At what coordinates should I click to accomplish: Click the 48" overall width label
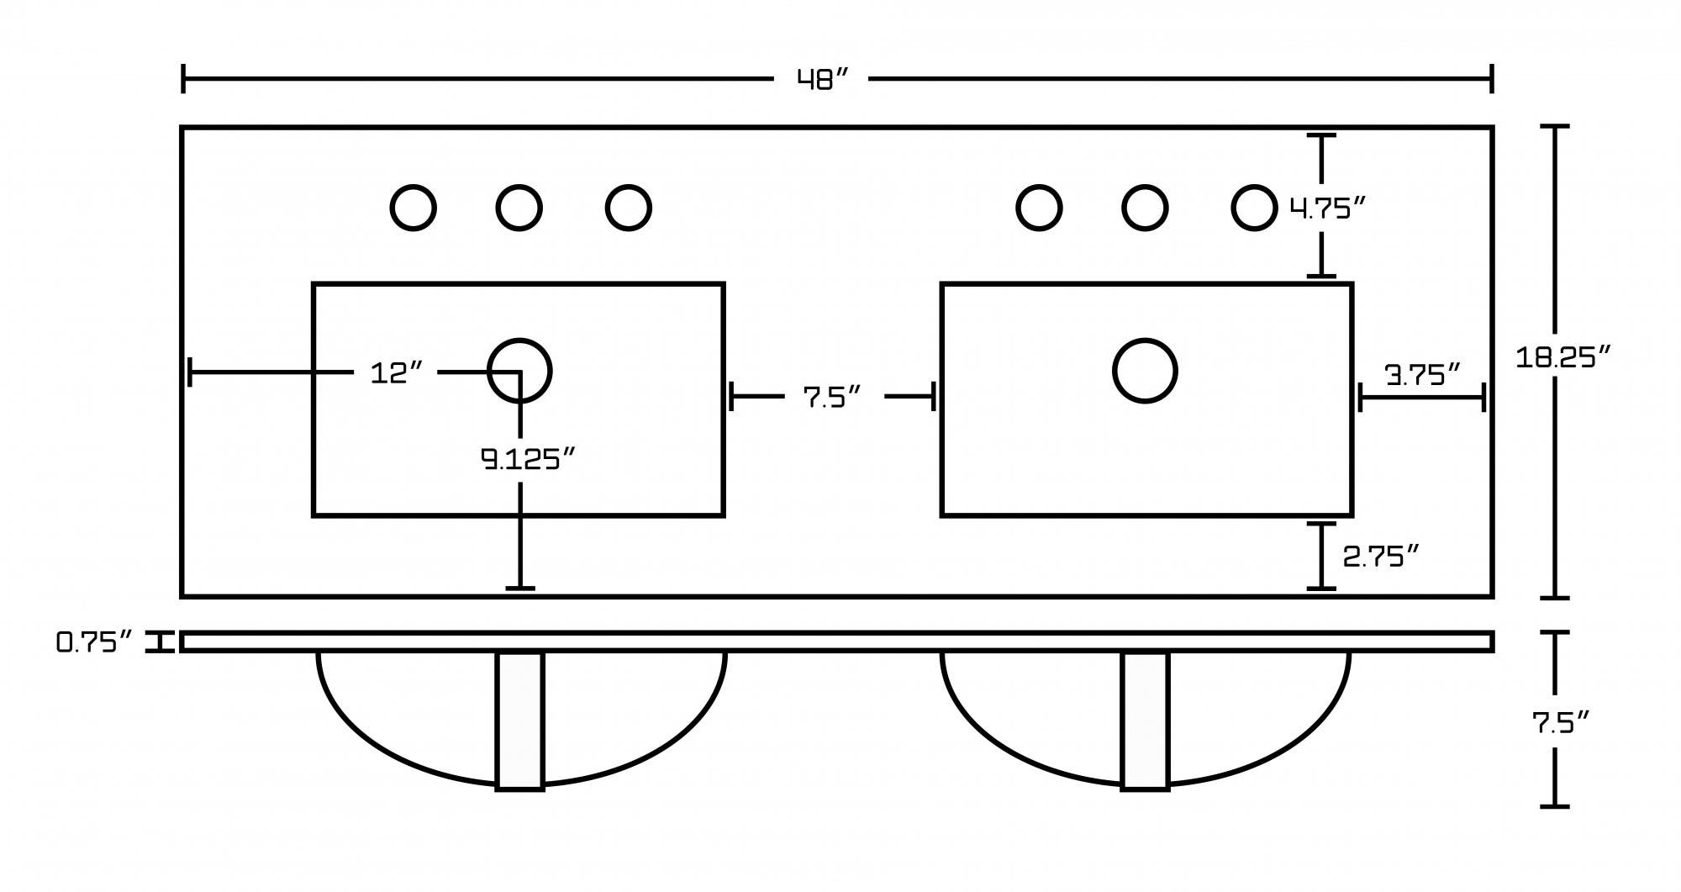coord(822,80)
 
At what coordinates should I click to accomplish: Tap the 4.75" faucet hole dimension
coord(1328,208)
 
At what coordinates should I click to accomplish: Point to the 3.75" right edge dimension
coord(1422,375)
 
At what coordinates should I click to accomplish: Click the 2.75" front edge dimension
coord(1380,557)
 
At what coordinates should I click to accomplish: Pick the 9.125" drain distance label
coord(528,459)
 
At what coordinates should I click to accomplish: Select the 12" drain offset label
coord(395,373)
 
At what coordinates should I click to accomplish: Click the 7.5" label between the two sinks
coord(832,398)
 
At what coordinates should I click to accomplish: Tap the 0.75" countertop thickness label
coord(94,643)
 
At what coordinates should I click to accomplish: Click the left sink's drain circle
coord(519,371)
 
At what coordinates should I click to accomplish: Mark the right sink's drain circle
coord(1145,371)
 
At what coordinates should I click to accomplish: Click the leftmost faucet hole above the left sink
coord(414,208)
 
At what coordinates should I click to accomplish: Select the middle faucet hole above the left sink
coord(519,208)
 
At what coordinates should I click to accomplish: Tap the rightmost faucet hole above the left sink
coord(629,208)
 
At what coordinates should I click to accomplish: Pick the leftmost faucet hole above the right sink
coord(1040,208)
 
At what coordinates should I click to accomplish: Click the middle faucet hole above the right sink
coord(1145,208)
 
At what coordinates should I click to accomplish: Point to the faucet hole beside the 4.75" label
coord(1254,208)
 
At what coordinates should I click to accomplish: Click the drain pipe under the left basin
coord(520,720)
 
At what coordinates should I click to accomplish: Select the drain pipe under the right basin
coord(1146,720)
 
